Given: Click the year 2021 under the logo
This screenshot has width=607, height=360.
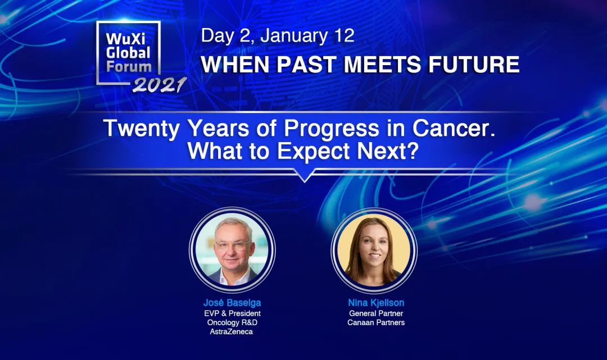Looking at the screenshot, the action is pyautogui.click(x=159, y=85).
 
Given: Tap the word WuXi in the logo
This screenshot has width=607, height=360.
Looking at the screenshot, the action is pyautogui.click(x=126, y=39).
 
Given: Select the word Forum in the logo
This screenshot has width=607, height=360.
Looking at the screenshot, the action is pyautogui.click(x=129, y=66).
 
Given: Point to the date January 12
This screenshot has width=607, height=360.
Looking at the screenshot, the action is pyautogui.click(x=307, y=35).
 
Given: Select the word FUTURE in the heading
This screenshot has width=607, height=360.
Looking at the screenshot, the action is pyautogui.click(x=473, y=64).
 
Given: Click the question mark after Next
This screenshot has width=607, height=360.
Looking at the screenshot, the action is pyautogui.click(x=413, y=151).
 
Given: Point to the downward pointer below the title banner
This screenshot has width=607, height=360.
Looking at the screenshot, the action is pyautogui.click(x=305, y=175).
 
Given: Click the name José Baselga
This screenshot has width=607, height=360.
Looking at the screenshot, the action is pyautogui.click(x=232, y=303).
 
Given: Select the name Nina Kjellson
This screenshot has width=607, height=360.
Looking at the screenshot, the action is pyautogui.click(x=376, y=303).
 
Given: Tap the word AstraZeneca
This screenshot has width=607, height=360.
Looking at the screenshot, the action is pyautogui.click(x=232, y=332).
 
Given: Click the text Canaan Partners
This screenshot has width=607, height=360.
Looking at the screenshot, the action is pyautogui.click(x=376, y=322).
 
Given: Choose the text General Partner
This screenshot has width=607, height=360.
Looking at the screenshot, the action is pyautogui.click(x=376, y=313).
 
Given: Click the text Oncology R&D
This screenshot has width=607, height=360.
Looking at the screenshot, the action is pyautogui.click(x=232, y=322).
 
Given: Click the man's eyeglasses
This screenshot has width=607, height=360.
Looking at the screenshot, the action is pyautogui.click(x=232, y=245).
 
